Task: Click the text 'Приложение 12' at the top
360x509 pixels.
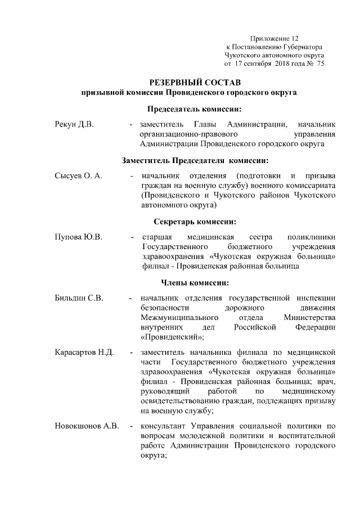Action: (273, 37)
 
